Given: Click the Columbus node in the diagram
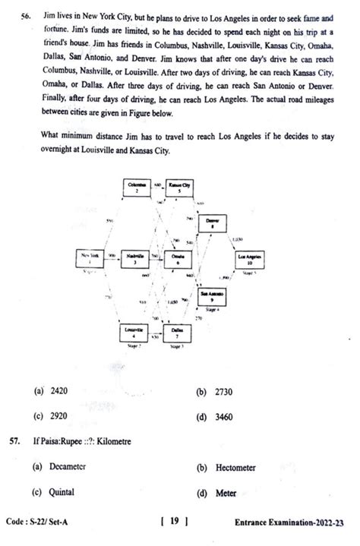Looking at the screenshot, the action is (137, 188).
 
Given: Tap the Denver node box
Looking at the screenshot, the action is (213, 223).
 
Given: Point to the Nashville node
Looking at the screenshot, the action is (136, 260).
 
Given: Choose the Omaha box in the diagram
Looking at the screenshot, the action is (178, 260).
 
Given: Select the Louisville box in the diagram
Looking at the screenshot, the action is (133, 332).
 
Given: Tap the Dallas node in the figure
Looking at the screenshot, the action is (176, 333).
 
